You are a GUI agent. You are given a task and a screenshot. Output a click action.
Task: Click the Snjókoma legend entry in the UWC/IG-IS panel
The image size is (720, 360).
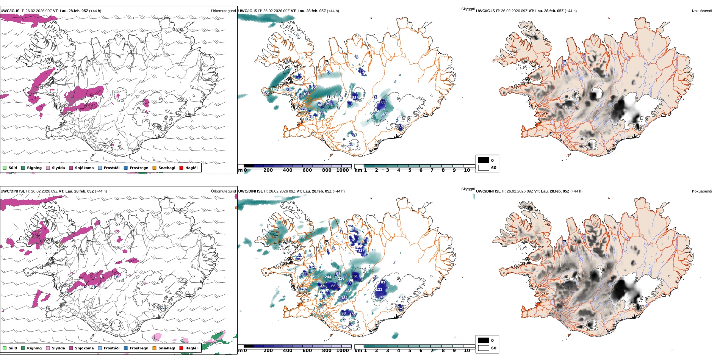[84, 168]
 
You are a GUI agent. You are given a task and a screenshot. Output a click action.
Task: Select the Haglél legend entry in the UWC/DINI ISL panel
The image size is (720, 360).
[191, 348]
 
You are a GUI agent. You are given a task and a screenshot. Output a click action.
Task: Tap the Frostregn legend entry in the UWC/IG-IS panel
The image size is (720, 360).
[139, 168]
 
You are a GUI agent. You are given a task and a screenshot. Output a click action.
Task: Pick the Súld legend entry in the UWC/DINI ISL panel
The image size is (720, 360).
[13, 348]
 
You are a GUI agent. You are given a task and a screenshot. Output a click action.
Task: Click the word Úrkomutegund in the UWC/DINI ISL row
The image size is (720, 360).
[223, 191]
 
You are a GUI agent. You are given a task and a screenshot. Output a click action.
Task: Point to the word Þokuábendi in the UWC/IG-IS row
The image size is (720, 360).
[702, 11]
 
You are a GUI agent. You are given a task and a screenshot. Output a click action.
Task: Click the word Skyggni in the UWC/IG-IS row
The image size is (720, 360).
[468, 9]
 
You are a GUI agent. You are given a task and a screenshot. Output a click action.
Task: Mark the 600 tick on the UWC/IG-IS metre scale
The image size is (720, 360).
[307, 171]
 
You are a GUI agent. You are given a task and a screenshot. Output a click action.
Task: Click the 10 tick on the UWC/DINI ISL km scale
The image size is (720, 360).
[467, 351]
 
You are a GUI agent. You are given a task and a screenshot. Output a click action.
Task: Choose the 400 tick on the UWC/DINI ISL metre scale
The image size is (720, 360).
[288, 351]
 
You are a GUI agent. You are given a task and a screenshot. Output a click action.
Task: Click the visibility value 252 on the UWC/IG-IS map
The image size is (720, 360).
[329, 104]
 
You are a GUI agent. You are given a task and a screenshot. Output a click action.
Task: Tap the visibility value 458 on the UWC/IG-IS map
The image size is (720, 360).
[385, 114]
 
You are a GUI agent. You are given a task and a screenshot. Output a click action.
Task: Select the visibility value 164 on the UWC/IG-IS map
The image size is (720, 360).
[306, 94]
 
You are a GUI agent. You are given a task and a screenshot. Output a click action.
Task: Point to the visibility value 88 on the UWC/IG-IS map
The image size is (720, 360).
[354, 98]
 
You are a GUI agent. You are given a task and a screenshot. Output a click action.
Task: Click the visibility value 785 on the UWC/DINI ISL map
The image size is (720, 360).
[315, 276]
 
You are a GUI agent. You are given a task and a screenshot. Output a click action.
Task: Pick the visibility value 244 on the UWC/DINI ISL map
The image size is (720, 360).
[328, 277]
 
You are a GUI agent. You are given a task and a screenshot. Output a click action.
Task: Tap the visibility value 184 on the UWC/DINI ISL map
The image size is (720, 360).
[344, 298]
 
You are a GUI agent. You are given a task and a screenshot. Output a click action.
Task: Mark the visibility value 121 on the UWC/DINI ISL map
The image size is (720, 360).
[379, 290]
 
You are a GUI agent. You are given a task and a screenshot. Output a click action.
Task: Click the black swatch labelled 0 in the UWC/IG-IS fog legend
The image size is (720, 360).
[484, 160]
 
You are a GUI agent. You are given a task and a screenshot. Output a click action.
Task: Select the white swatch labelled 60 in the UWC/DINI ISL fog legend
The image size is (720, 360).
[484, 348]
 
